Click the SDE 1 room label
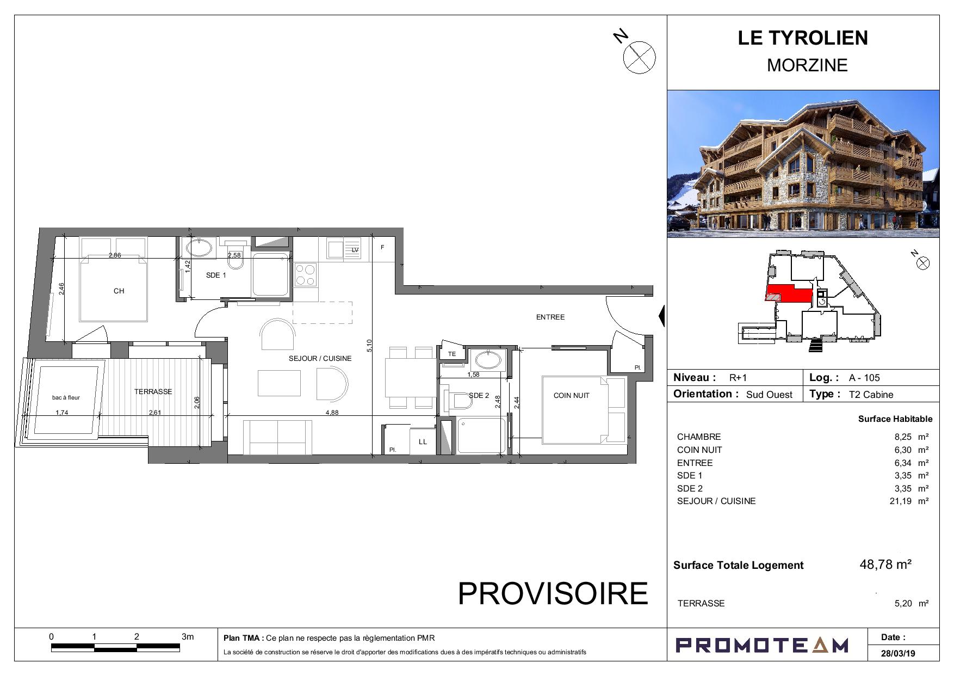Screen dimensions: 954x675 pos(216,275)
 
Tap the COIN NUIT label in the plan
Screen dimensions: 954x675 pos(571,396)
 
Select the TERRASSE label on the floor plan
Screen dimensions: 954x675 pos(153,391)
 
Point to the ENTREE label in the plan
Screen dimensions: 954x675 pos(550,317)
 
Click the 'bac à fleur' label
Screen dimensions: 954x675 pos(66,397)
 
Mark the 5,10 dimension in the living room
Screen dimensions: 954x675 pos(369,345)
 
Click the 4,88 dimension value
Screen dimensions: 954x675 pos(332,413)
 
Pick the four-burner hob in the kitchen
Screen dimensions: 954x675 pos(305,275)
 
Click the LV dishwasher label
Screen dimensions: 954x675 pos(356,250)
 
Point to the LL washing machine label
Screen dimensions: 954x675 pos(423,442)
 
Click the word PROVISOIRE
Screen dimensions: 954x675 pos(553,593)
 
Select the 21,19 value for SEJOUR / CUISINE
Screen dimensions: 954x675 pos(900,501)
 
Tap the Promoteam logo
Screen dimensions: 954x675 pos(761,646)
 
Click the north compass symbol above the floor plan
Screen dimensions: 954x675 pos(639,57)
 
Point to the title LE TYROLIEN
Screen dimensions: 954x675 pos(803,38)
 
